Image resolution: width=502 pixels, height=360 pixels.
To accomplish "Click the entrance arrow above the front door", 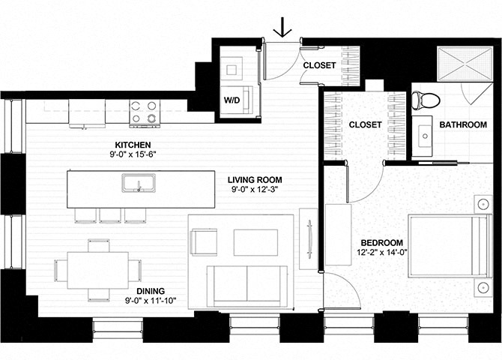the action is coord(282,27).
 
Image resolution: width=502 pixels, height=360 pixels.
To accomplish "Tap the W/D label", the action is coord(232,100).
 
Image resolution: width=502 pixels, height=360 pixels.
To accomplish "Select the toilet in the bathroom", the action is coord(426,100).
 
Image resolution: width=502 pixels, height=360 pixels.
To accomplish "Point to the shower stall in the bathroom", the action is coord(465,64).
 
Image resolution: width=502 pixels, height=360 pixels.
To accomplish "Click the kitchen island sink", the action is coord(139,183).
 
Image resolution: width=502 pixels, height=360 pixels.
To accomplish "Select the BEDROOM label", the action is coord(382,243).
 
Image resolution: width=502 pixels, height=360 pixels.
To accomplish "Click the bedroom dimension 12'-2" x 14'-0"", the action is coord(382,252).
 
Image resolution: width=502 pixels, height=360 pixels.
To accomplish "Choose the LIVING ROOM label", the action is coord(255,180).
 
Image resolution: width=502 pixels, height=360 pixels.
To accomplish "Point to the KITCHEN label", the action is coord(133,145).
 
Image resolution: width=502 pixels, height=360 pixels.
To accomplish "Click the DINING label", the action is coord(151,291).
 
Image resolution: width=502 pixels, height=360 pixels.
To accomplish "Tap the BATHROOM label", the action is coord(463,124).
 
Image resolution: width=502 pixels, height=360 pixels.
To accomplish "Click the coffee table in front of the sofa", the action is coord(255,242).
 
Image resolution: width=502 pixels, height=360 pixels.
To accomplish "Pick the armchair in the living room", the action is coord(204,242).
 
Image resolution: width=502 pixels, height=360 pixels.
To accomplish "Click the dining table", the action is coord(97,270).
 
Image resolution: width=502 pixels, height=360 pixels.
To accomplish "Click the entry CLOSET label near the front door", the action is coord(319,65).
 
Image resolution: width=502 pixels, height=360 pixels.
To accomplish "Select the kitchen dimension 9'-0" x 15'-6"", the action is coord(133,154).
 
